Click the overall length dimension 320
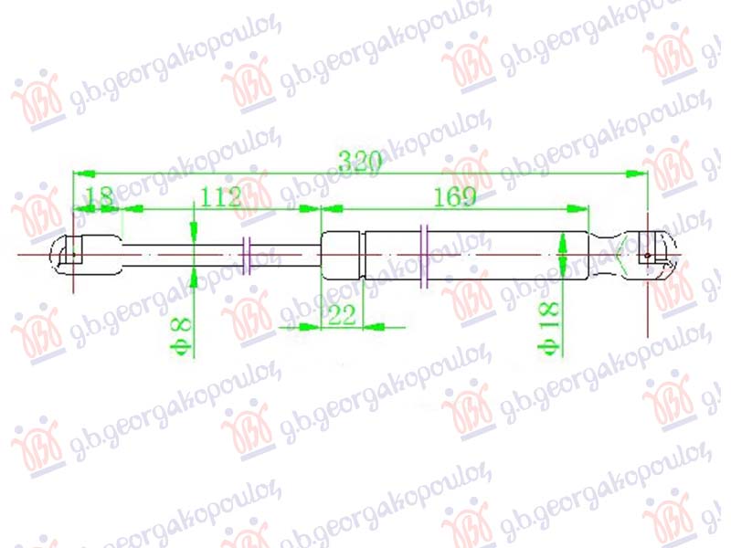click(x=358, y=162)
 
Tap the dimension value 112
click(x=219, y=195)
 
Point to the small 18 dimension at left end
click(x=98, y=195)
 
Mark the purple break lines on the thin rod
click(x=248, y=254)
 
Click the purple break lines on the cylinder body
click(x=424, y=255)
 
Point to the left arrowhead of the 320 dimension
click(x=80, y=172)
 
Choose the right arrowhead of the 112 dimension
click(x=315, y=209)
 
